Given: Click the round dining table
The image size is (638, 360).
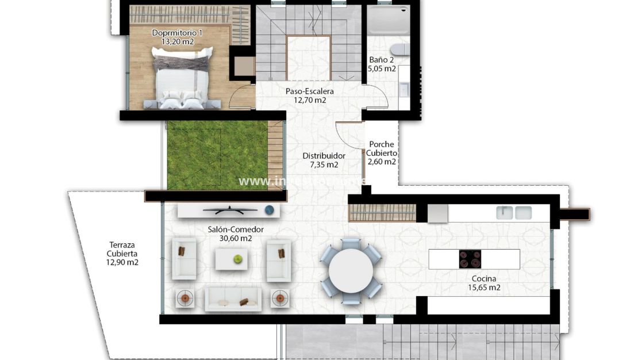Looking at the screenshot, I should click(x=350, y=271).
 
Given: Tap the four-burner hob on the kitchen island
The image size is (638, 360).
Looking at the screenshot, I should click(x=470, y=259).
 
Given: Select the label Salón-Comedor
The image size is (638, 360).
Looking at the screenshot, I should click(x=236, y=229).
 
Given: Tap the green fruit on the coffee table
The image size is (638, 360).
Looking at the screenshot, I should click(x=237, y=259).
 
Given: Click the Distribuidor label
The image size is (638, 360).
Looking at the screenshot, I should click(x=324, y=156).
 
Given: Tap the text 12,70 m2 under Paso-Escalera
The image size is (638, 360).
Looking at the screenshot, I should click(x=310, y=100).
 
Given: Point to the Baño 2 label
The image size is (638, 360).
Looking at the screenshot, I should click(x=382, y=60).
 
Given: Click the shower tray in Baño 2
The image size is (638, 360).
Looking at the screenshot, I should click(x=387, y=20).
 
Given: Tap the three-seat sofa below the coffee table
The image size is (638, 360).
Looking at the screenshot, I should click(x=233, y=299).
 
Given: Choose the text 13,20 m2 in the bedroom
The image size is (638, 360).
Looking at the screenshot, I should click(x=178, y=41).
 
